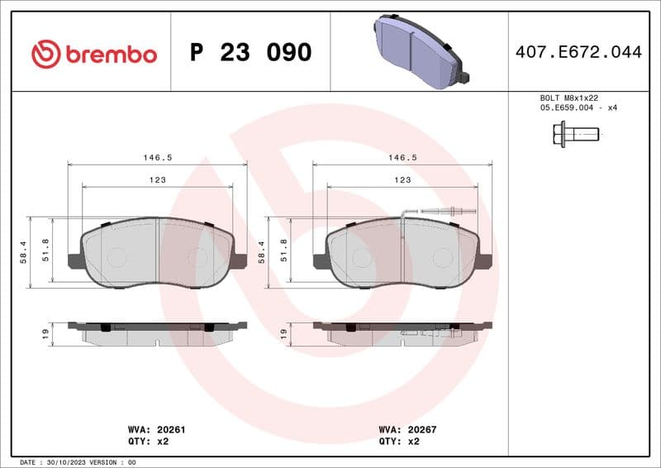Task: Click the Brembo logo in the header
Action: [x=93, y=54]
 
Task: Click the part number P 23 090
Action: [x=250, y=53]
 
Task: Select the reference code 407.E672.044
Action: [x=578, y=52]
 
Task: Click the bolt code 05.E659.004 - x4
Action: [x=578, y=107]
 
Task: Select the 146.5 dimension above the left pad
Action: [x=157, y=156]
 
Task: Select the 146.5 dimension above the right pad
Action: [x=402, y=156]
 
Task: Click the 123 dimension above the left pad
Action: [x=157, y=179]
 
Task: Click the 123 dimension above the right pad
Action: [x=402, y=179]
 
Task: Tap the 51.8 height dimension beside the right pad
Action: [x=283, y=252]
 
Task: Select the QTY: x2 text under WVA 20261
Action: [x=150, y=442]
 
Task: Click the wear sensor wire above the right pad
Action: [x=447, y=212]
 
